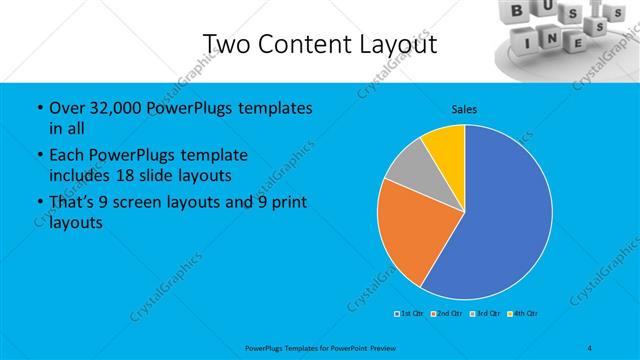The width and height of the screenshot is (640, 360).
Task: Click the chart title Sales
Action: pyautogui.click(x=464, y=108)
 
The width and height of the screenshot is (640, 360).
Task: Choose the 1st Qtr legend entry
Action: pyautogui.click(x=410, y=314)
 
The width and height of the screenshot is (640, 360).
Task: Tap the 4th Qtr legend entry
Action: pyautogui.click(x=522, y=314)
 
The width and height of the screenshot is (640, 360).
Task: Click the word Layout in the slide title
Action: pyautogui.click(x=390, y=44)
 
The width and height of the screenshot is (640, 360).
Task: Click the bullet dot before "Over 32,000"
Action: pyautogui.click(x=38, y=108)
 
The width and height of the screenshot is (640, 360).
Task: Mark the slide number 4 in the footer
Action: pyautogui.click(x=590, y=347)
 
